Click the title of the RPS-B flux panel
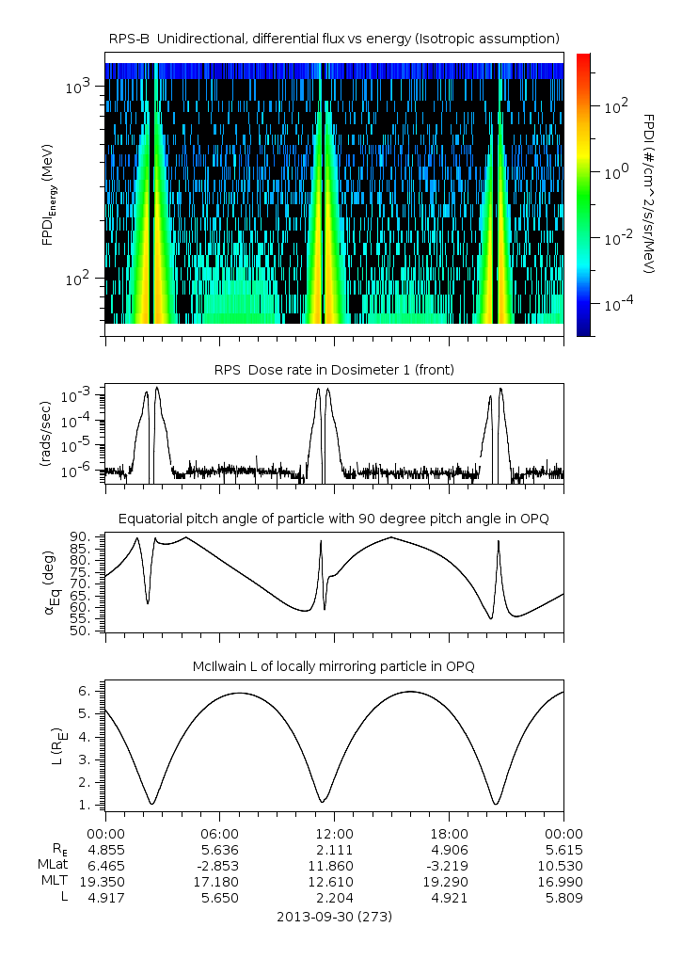334,38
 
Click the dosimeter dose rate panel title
334,370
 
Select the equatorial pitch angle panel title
334,519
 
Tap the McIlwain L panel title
334,666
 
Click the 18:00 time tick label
449,834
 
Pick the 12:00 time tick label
334,834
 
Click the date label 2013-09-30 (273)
334,916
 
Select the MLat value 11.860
334,866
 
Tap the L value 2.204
334,898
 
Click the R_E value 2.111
334,850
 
